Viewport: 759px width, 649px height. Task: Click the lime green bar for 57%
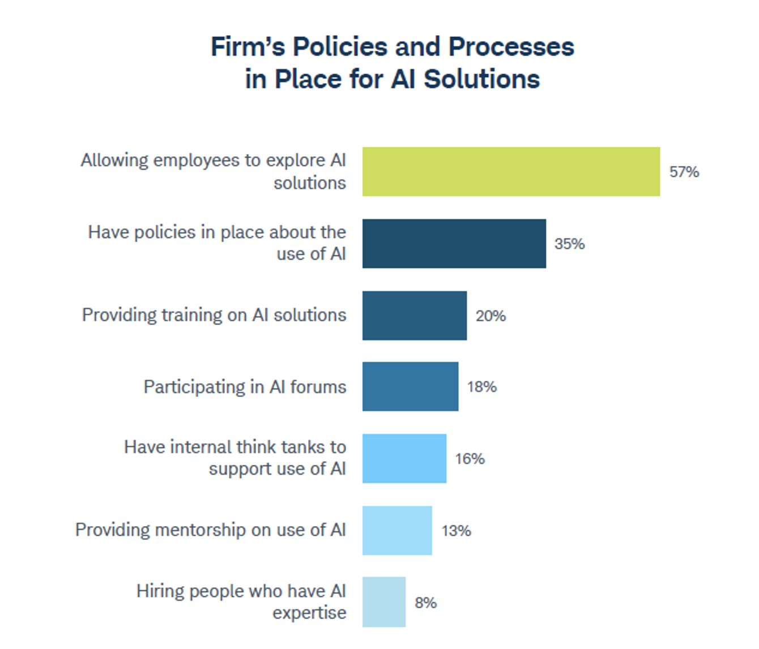[511, 172]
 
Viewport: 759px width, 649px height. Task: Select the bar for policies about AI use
[454, 244]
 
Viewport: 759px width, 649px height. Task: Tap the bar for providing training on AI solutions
[415, 315]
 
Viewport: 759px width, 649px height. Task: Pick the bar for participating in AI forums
[410, 386]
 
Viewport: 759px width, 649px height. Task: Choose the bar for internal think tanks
[404, 458]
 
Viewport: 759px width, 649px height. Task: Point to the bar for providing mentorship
[397, 530]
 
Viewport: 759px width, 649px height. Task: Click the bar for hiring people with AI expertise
[384, 602]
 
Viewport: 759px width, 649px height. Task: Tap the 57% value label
[684, 172]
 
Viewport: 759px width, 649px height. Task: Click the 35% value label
[569, 244]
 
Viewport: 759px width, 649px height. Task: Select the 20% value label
[491, 315]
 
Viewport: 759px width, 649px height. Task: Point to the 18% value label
[481, 387]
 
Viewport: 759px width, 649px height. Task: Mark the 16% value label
[470, 459]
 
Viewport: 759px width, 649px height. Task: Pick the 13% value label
[456, 531]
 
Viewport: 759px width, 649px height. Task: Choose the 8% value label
[425, 603]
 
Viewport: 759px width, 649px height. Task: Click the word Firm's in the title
[248, 46]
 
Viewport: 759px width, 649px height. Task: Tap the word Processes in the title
[511, 46]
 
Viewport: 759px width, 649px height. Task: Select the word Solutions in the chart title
[481, 79]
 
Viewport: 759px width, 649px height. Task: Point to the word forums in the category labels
[318, 387]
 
